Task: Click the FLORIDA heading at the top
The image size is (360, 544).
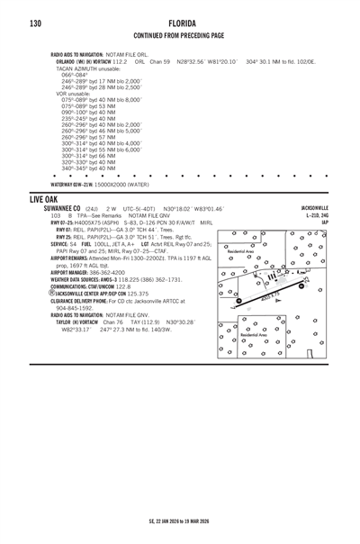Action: (x=179, y=23)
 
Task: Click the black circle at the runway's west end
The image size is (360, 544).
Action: (x=239, y=301)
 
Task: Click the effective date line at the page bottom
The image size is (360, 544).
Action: (x=179, y=521)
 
